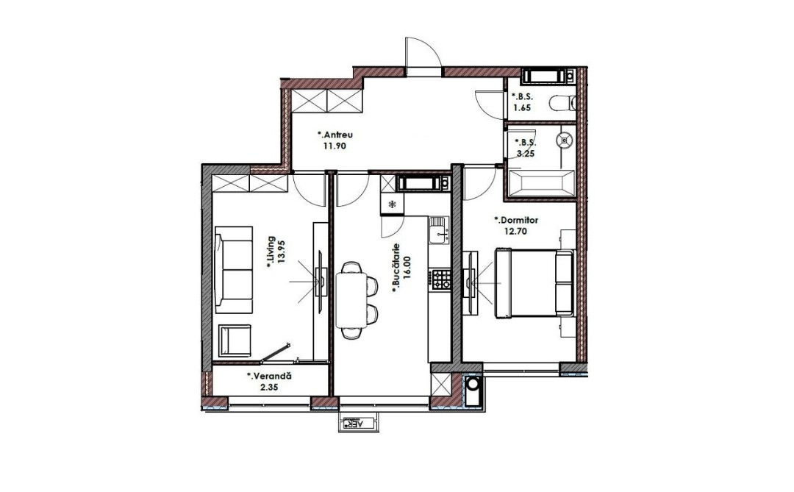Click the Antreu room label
[335, 135]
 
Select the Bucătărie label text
[396, 268]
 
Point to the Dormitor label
[516, 221]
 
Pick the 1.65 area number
[522, 107]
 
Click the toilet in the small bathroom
[562, 103]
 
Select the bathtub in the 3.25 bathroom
[541, 183]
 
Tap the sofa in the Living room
[234, 269]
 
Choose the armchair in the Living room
[235, 341]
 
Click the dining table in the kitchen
[351, 300]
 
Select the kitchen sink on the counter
[438, 229]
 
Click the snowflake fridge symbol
[392, 204]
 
